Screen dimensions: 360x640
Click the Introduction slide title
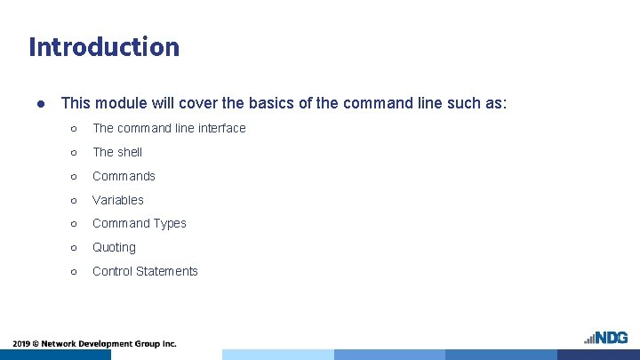point(104,46)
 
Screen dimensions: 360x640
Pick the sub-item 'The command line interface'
point(169,128)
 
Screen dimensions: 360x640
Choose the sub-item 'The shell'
point(117,152)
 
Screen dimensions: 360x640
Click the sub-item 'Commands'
point(124,176)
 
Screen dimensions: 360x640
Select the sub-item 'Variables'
point(118,200)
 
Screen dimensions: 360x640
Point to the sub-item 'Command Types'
point(140,223)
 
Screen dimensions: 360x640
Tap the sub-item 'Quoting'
point(114,247)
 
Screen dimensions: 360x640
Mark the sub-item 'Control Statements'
point(145,271)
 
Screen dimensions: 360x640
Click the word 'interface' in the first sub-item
point(221,128)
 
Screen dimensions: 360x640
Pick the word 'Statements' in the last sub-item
point(168,271)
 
